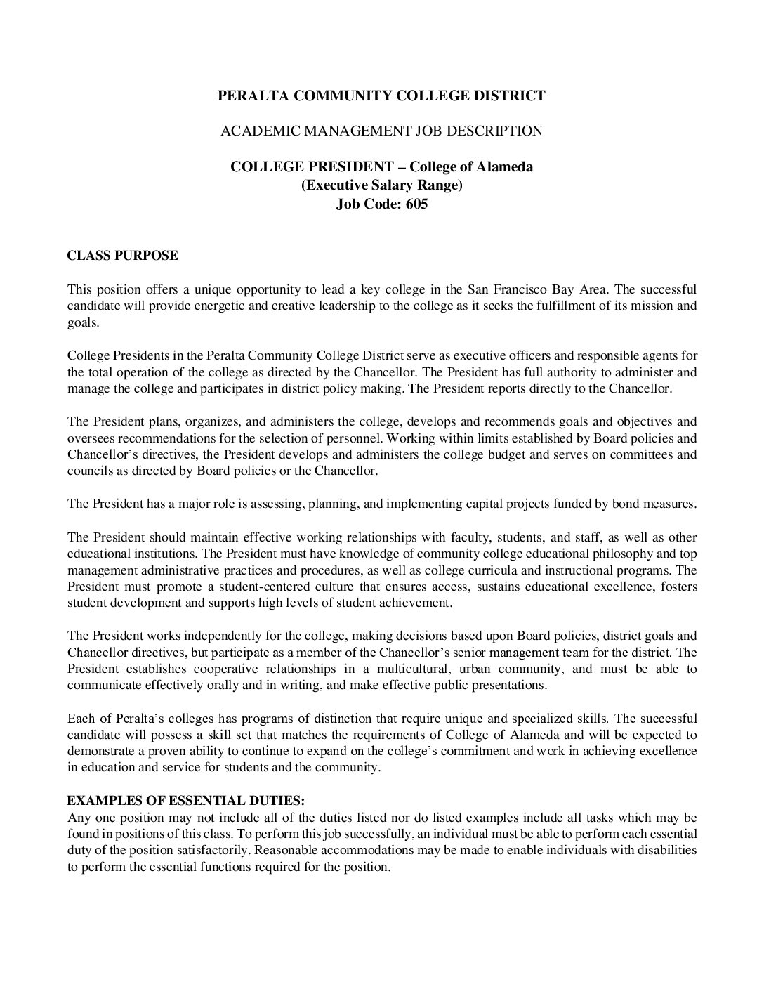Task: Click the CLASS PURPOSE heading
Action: click(x=122, y=256)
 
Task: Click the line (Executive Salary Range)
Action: click(x=381, y=186)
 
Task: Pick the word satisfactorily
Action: click(x=211, y=850)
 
